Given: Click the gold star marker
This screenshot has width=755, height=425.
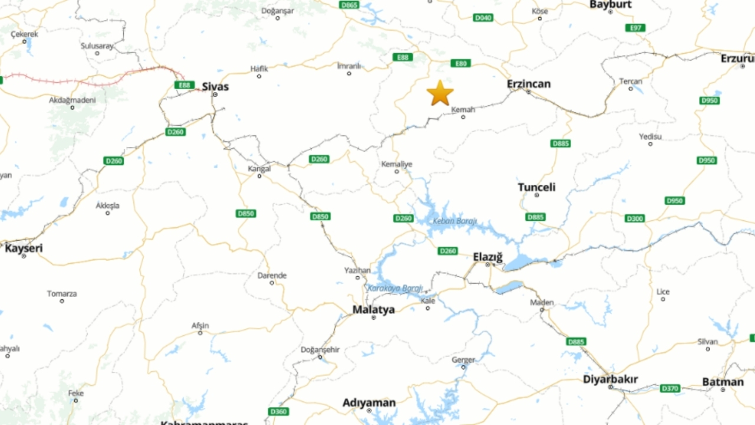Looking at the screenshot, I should coord(440,93).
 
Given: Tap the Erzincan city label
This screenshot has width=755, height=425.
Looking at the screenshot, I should coord(528,84).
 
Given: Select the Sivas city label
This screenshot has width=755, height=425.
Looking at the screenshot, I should coord(215,86).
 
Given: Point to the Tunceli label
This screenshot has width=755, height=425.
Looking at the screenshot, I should coord(537,187).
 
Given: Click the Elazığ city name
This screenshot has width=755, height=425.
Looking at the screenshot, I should coord(488,257).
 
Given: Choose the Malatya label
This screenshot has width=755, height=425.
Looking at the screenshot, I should coord(373,309).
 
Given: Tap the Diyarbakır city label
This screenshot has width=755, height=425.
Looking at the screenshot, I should coord(610,379).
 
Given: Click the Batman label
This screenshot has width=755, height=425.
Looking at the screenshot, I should coord(723,382).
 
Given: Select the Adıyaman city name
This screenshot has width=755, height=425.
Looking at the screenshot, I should coord(369,403).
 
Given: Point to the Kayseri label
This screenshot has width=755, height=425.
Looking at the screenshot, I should coord(24,249).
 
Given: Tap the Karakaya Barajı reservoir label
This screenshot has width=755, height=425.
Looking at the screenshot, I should coord(395,289).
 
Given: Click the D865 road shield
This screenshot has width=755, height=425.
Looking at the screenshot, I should coord(349,5).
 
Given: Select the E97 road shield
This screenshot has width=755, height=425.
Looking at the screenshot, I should coord(635,28).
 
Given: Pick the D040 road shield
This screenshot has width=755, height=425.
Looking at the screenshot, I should coord(483,18).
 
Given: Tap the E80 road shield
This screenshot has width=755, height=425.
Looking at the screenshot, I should coord(460,63).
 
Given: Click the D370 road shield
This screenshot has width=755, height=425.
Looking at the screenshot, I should coord(670,388).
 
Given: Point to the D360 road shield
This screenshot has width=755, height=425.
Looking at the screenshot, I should coord(278,411).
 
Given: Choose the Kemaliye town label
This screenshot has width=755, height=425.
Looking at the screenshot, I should coord(397,164).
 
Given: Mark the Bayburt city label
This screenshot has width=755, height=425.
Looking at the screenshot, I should coord(610,5).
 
